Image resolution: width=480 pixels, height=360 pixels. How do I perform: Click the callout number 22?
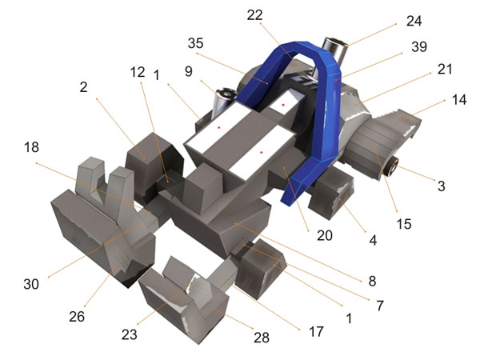254,15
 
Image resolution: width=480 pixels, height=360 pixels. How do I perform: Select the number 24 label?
414,21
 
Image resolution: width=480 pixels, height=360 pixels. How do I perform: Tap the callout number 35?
196,43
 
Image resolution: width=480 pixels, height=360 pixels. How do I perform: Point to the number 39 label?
419,46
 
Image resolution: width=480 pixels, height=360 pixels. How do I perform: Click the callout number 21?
445,69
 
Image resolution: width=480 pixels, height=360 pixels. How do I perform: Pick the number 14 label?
459,100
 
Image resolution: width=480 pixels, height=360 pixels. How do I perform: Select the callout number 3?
441,186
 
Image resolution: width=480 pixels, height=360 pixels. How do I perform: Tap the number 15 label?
404,224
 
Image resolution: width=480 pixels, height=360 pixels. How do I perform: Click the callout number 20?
325,235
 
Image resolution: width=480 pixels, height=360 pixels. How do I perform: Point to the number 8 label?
372,281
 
